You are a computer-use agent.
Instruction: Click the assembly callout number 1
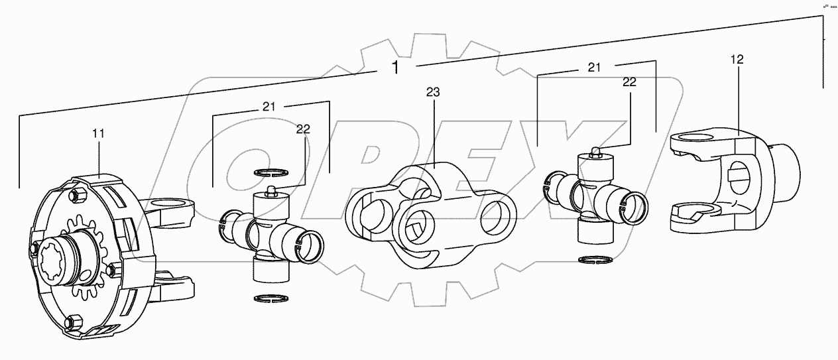coord(395,67)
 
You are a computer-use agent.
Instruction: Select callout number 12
coord(737,60)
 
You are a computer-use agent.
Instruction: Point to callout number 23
coord(433,93)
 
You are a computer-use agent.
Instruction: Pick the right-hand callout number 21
coord(594,68)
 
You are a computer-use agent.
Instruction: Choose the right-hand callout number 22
coord(629,83)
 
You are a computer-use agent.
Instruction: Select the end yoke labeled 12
coord(733,179)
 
